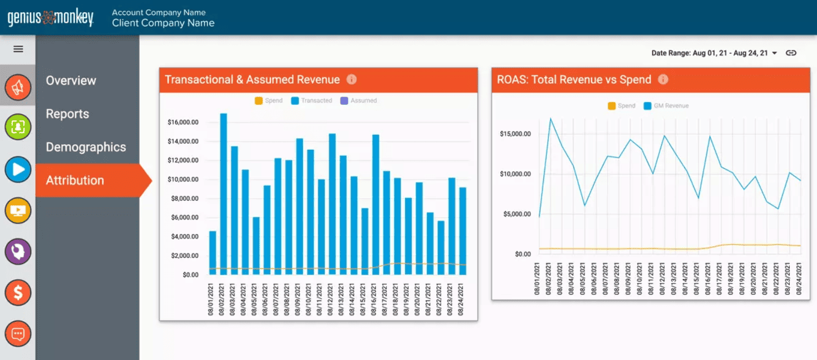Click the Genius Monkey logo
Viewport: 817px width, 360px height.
[x=51, y=18]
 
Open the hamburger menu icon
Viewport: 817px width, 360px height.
[x=18, y=49]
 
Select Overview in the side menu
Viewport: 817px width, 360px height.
[x=71, y=80]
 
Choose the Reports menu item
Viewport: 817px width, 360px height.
[x=67, y=114]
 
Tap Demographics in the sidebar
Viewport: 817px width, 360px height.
[x=85, y=147]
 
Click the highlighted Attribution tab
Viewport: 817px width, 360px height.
[x=75, y=180]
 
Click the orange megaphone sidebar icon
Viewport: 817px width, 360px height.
[x=18, y=87]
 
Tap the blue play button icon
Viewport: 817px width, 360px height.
[x=18, y=170]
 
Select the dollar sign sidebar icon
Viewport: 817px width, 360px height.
[x=18, y=292]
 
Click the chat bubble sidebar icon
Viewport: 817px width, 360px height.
[x=18, y=334]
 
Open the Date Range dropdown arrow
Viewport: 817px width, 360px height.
[x=775, y=53]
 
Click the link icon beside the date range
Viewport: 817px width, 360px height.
[x=791, y=53]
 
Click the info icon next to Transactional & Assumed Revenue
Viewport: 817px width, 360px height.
[x=351, y=79]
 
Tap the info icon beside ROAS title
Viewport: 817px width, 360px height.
[x=663, y=79]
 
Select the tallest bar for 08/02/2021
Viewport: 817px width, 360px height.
[x=224, y=194]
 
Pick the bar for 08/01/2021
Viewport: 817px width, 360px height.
[x=213, y=252]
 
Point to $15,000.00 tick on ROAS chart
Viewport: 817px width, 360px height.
[x=515, y=134]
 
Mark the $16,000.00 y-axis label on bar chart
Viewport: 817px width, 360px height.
[x=183, y=122]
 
